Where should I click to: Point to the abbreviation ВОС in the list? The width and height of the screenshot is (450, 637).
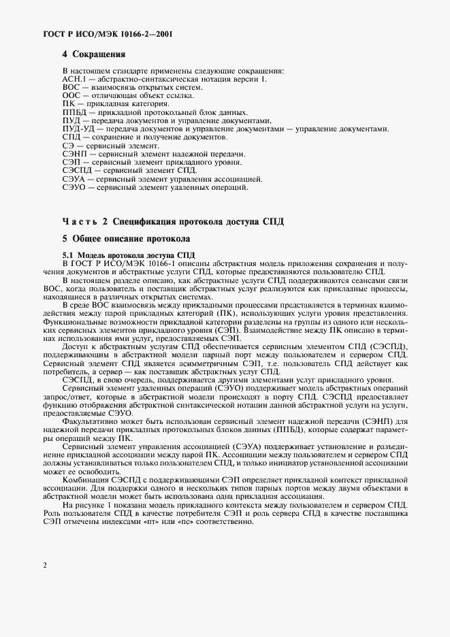71,88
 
